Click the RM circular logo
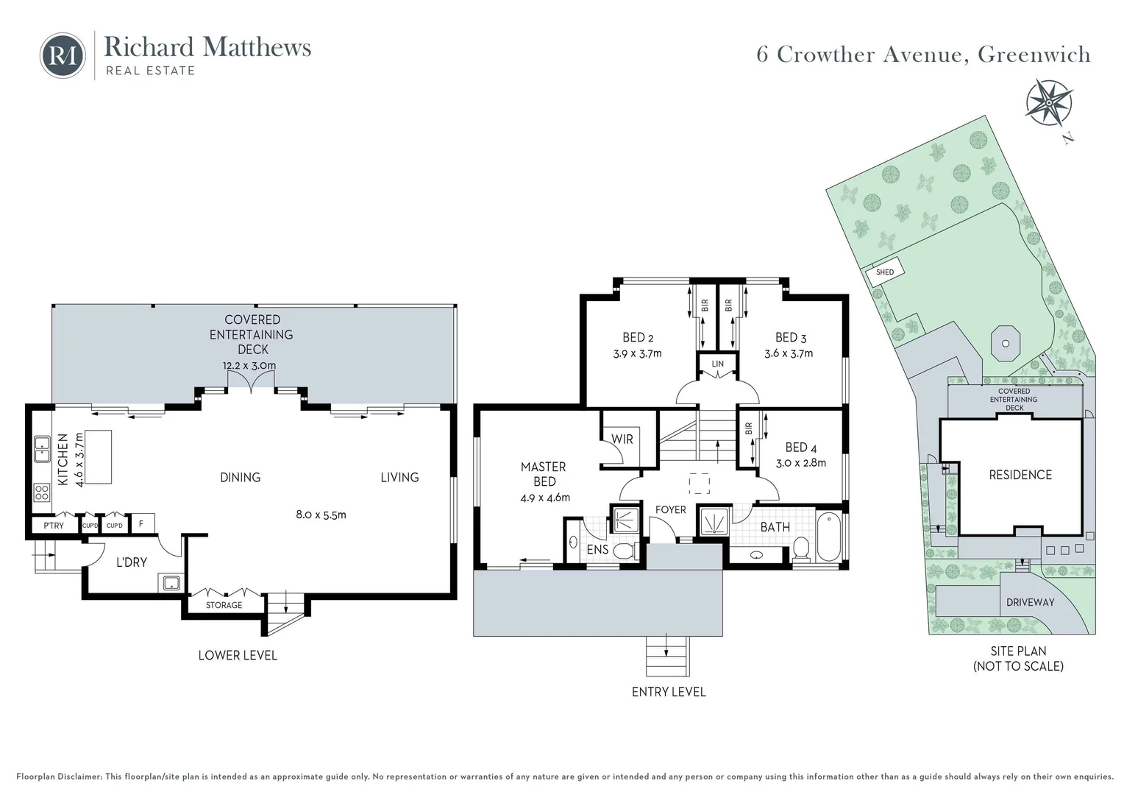tap(63, 55)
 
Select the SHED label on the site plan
tap(885, 272)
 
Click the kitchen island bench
tap(99, 457)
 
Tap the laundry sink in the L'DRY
tap(171, 583)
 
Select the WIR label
tap(622, 439)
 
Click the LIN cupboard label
tap(717, 364)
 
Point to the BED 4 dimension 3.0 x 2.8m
tap(801, 463)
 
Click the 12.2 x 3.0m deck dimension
tap(249, 366)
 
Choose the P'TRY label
tap(54, 526)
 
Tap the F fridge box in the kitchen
tap(141, 525)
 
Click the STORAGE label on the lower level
tap(224, 605)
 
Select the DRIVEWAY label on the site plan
tap(1030, 602)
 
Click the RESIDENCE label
tap(1020, 475)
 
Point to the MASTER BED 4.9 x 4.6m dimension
tap(544, 498)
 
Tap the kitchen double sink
tap(42, 449)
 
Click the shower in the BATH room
tap(714, 522)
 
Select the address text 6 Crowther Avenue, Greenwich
tap(923, 54)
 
